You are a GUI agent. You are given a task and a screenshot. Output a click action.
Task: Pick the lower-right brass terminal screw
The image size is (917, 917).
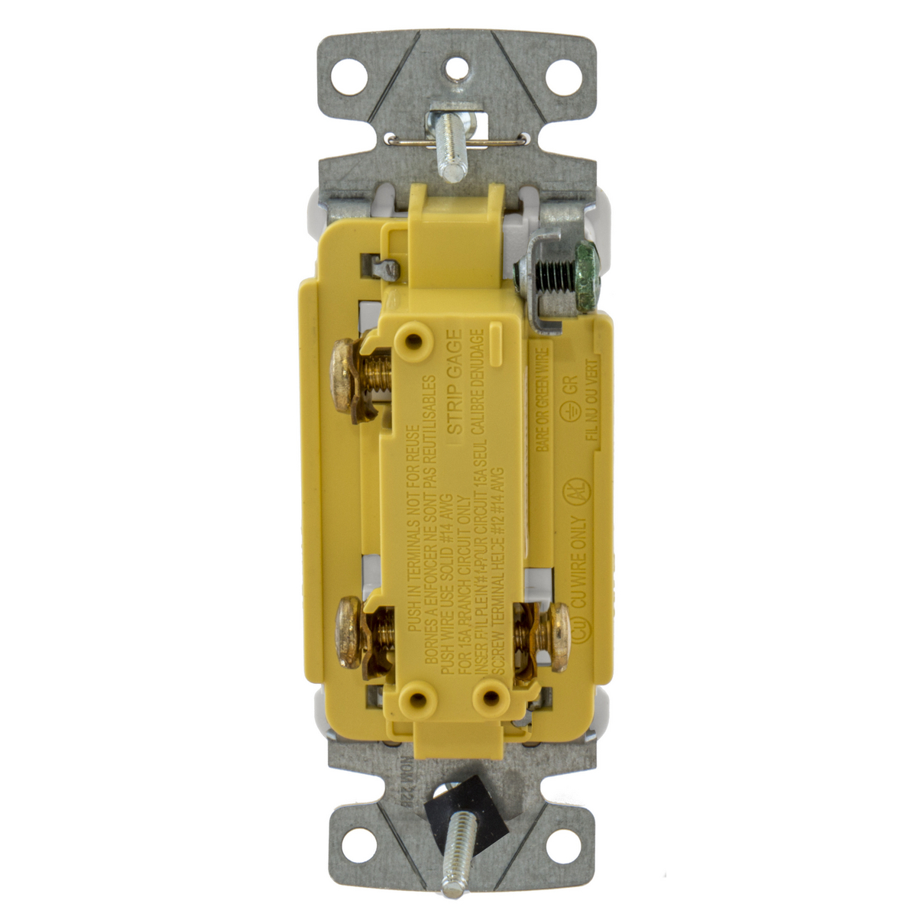pos(556,636)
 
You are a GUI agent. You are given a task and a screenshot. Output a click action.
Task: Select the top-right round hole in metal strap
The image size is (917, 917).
pos(564,76)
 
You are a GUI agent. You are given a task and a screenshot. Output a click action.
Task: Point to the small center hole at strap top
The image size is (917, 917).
pos(456,66)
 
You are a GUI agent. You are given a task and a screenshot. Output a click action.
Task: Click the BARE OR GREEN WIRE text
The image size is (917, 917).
pos(542,400)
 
